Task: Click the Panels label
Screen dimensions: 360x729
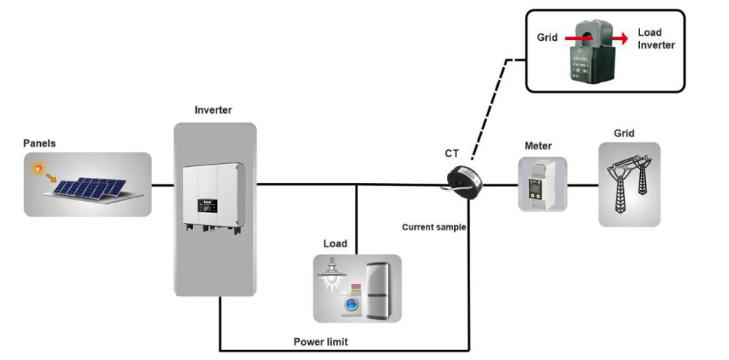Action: [x=39, y=144]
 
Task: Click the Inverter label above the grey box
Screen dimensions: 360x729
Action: [x=213, y=110]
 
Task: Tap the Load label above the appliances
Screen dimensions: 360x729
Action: [x=335, y=243]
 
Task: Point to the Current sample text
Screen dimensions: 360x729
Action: [x=434, y=227]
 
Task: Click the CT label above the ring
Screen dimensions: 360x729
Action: [x=453, y=153]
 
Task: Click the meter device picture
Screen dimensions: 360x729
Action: [x=542, y=185]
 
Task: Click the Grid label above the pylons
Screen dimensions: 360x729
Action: [x=624, y=133]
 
